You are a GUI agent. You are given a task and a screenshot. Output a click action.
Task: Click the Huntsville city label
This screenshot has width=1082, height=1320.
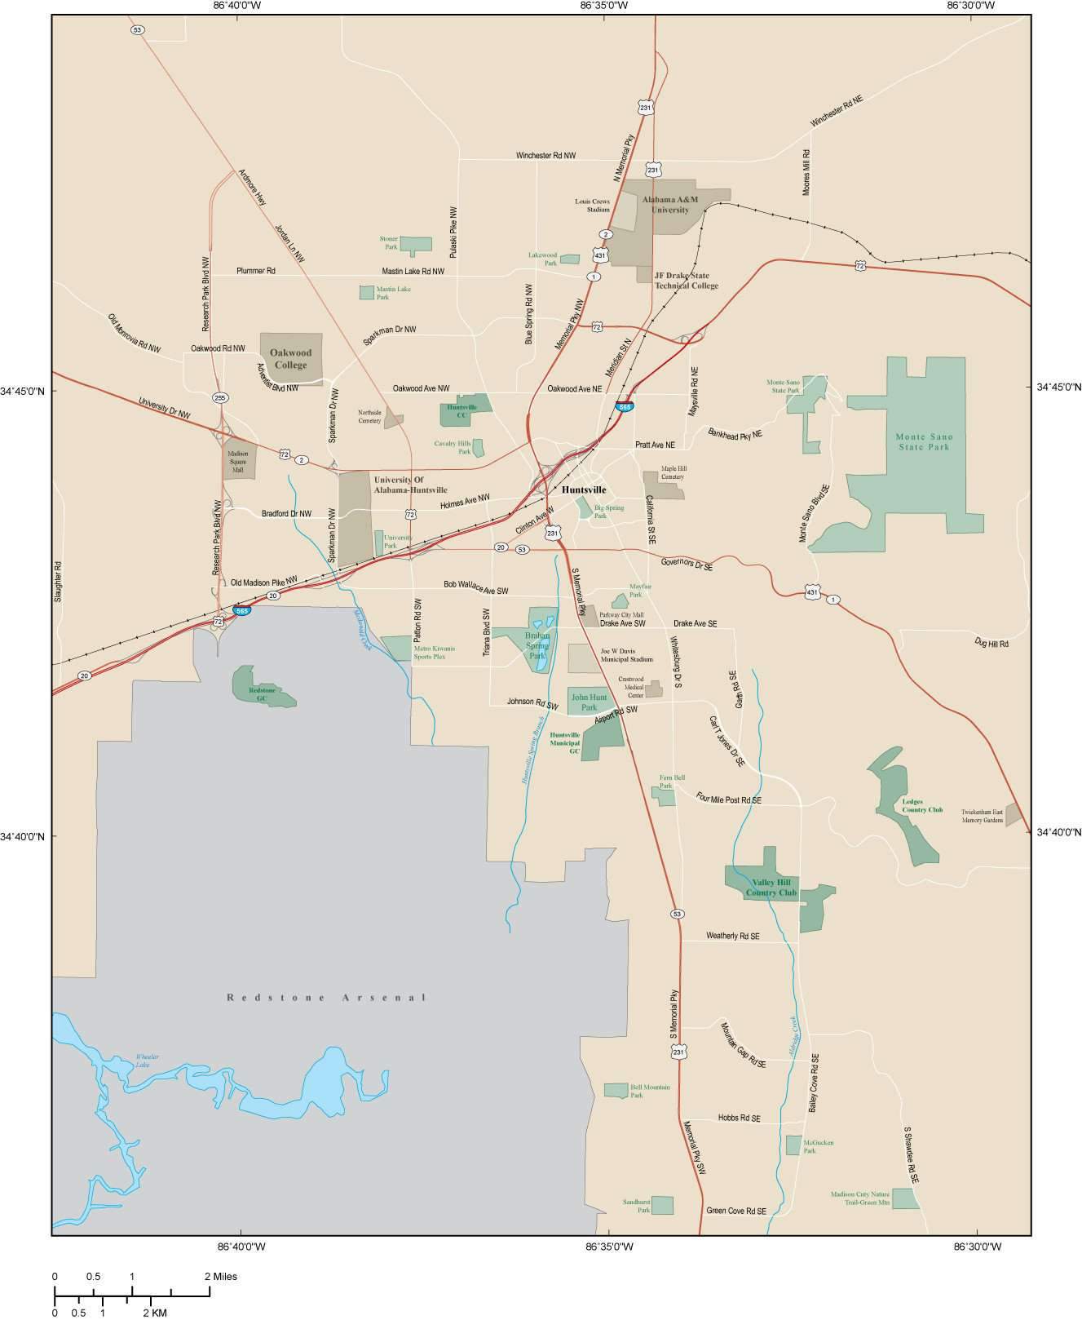(x=584, y=489)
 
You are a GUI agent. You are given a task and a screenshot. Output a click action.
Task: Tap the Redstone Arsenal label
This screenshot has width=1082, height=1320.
(x=326, y=997)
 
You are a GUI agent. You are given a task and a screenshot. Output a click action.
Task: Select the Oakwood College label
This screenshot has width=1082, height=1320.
(x=291, y=359)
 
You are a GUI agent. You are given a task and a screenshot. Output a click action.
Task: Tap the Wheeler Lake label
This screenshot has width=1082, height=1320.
(x=148, y=1061)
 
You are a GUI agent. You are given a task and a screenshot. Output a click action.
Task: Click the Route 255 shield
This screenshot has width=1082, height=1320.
(x=220, y=397)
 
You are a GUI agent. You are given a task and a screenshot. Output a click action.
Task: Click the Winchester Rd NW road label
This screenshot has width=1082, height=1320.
(x=545, y=155)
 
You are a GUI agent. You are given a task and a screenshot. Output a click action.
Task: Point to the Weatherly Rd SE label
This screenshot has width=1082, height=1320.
(x=732, y=936)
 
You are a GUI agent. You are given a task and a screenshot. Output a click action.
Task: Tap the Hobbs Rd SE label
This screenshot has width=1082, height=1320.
(x=739, y=1118)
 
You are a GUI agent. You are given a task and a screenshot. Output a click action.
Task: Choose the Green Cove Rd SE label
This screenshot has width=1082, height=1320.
(x=736, y=1211)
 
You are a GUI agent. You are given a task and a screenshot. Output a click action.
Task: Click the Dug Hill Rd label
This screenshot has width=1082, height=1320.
(x=991, y=644)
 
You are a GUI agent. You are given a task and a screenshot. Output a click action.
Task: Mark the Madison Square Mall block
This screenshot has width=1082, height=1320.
(x=239, y=461)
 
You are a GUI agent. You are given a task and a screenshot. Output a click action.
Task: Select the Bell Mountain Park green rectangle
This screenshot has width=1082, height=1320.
(x=616, y=1090)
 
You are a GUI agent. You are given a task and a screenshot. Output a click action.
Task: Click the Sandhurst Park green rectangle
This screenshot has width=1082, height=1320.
(x=662, y=1205)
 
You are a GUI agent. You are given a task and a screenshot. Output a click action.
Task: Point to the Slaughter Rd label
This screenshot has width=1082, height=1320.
(x=58, y=582)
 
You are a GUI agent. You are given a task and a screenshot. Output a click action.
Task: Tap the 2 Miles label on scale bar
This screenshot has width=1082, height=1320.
(x=220, y=1276)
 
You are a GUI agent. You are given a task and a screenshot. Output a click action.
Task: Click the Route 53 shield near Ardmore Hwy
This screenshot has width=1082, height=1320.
(x=137, y=30)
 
